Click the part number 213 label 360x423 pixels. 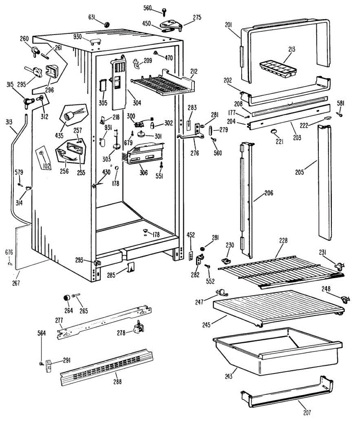291,49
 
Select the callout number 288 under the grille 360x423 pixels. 118,382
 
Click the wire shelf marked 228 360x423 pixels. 278,271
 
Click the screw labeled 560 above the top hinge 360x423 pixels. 165,12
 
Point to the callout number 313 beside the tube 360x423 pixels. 9,122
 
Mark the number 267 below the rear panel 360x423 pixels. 16,283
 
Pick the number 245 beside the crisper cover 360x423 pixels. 206,325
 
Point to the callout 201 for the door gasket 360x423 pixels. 228,24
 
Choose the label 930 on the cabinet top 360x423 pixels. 77,37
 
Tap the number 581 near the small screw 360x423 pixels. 341,104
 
